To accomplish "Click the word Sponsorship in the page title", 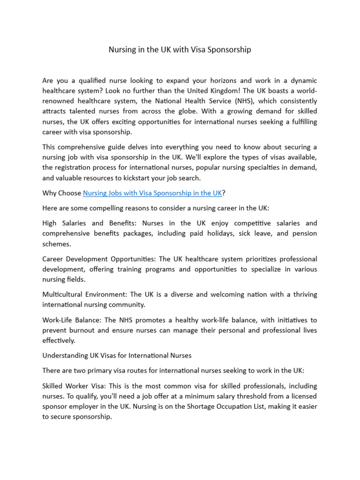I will point(230,49).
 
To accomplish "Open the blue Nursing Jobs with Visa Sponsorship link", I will point(152,193).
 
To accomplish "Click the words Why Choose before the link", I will point(61,193).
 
